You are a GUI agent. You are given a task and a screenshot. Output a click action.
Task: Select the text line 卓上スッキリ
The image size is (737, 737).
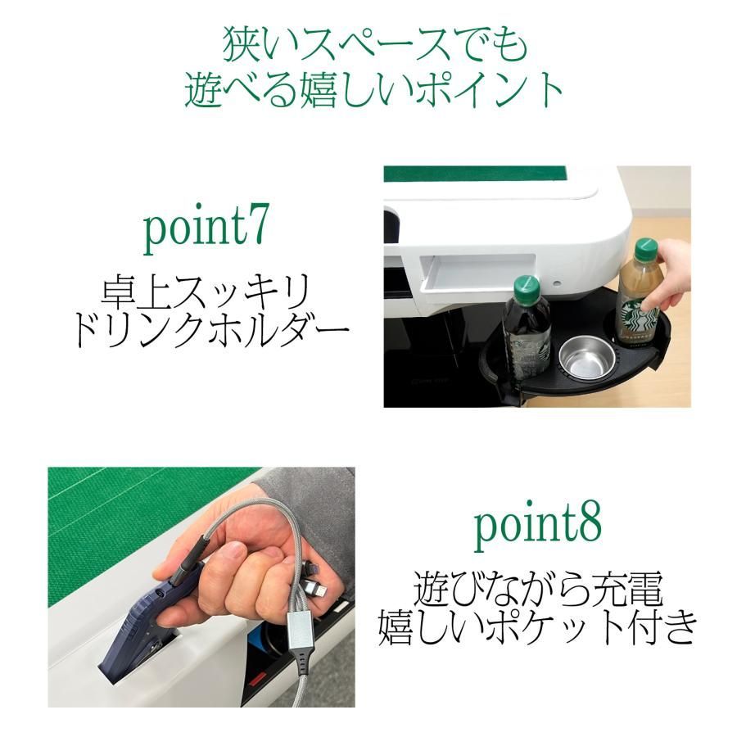point(205,292)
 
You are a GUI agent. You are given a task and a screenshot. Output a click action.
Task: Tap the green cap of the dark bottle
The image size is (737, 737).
point(527,287)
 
